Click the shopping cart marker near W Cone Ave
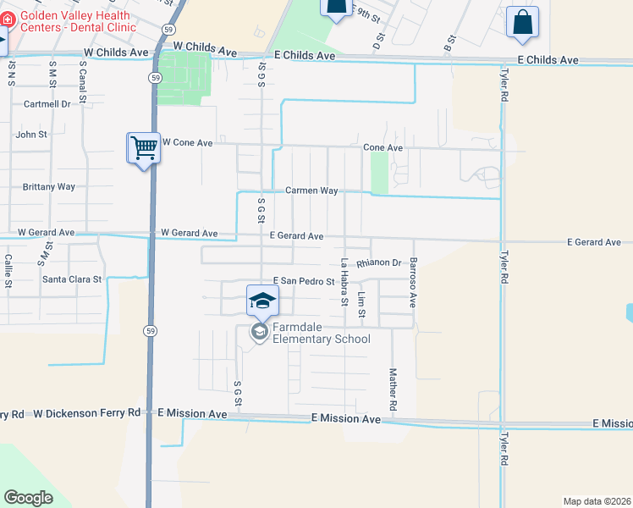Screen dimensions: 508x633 pyautogui.click(x=144, y=149)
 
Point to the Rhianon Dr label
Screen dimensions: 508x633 pyautogui.click(x=378, y=263)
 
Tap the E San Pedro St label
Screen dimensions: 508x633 pyautogui.click(x=304, y=280)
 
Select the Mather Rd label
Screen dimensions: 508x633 pyautogui.click(x=393, y=389)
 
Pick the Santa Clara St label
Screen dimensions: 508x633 pyautogui.click(x=72, y=279)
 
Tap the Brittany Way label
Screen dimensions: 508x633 pyautogui.click(x=49, y=186)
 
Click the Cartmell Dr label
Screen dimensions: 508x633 pyautogui.click(x=47, y=104)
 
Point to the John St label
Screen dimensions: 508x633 pyautogui.click(x=31, y=134)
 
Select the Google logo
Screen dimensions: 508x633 pyautogui.click(x=28, y=497)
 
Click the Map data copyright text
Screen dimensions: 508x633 pyautogui.click(x=597, y=501)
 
